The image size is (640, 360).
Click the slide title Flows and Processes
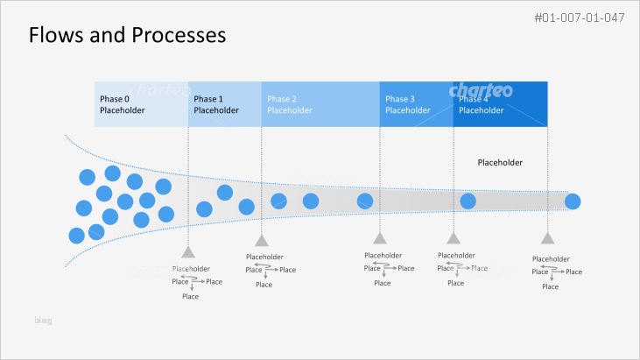[x=128, y=35]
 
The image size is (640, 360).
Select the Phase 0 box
[x=141, y=104]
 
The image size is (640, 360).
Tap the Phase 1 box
[x=225, y=104]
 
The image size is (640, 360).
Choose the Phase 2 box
[x=320, y=104]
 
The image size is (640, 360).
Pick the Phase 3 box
[x=416, y=104]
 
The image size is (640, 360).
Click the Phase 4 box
[x=500, y=104]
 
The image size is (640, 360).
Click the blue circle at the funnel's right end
[x=573, y=202]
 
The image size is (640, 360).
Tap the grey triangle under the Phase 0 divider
[x=188, y=251]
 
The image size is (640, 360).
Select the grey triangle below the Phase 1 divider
[x=261, y=241]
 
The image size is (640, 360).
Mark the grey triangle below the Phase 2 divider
[x=379, y=238]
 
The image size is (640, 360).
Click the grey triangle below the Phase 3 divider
[x=453, y=238]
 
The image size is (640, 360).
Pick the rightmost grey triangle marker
[x=547, y=238]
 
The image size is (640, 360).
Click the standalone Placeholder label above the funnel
[x=500, y=163]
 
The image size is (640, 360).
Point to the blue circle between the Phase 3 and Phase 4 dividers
[x=468, y=201]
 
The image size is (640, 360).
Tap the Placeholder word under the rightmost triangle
[x=551, y=259]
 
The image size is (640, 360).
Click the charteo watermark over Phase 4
[x=481, y=90]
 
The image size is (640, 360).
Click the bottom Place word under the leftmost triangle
[x=190, y=296]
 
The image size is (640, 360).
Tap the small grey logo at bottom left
[x=43, y=321]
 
